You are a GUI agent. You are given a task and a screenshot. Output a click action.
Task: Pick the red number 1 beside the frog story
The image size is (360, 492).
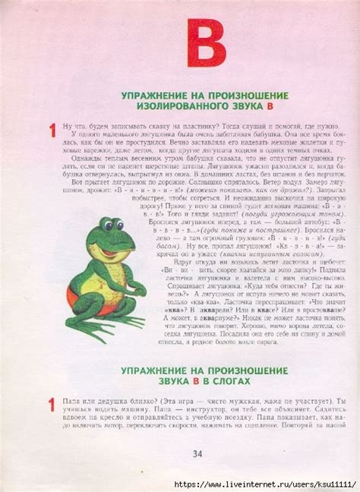(51, 131)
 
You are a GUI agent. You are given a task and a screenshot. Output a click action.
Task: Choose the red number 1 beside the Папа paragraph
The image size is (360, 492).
(51, 406)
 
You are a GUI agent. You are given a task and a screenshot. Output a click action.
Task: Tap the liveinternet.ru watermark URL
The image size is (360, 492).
(263, 484)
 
